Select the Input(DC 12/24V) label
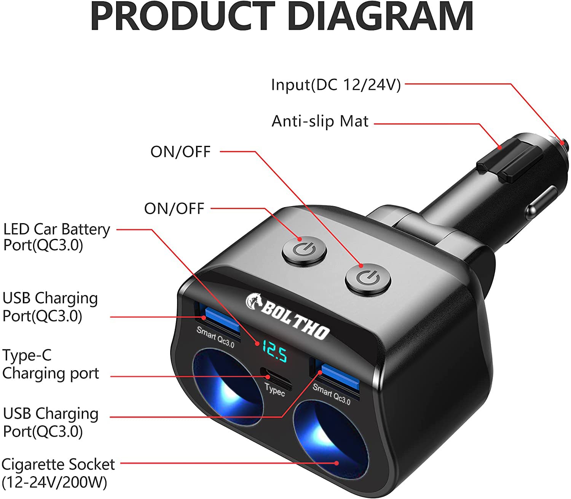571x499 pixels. [x=336, y=85]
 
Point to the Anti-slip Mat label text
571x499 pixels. [x=320, y=122]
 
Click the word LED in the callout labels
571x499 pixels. [x=16, y=229]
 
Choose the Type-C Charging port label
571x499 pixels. [x=50, y=364]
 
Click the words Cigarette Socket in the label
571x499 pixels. [x=58, y=465]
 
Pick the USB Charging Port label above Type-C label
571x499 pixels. [x=50, y=307]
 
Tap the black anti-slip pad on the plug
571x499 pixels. [x=510, y=160]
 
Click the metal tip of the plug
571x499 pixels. [x=565, y=147]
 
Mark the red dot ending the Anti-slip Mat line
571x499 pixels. [x=499, y=147]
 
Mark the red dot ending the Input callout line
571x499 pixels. [x=562, y=143]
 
